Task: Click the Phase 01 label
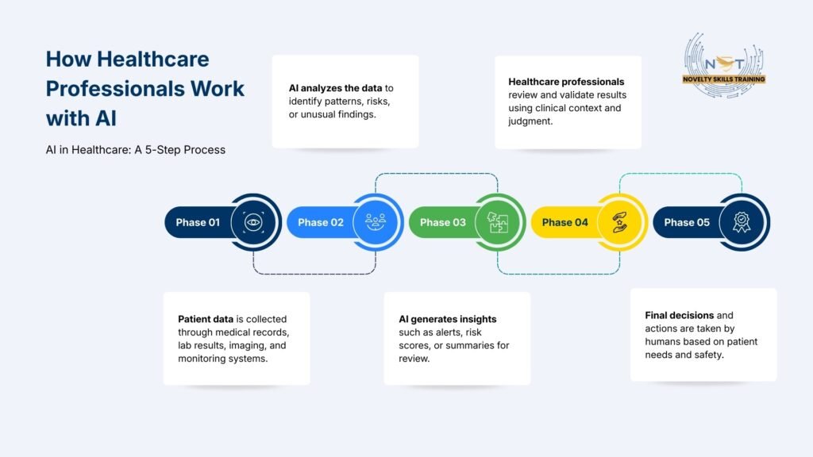click(198, 222)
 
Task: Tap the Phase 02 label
click(321, 222)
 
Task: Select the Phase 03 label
click(443, 222)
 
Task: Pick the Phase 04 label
click(565, 222)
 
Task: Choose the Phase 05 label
click(687, 222)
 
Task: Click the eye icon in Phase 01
click(253, 222)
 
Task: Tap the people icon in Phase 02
click(376, 222)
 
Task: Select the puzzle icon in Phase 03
click(498, 222)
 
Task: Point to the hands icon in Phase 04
click(620, 222)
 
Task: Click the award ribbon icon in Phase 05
click(742, 222)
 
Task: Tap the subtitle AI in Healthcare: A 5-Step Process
click(136, 150)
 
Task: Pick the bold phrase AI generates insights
click(448, 319)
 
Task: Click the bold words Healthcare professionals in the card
click(567, 82)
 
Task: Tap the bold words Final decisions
click(678, 315)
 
